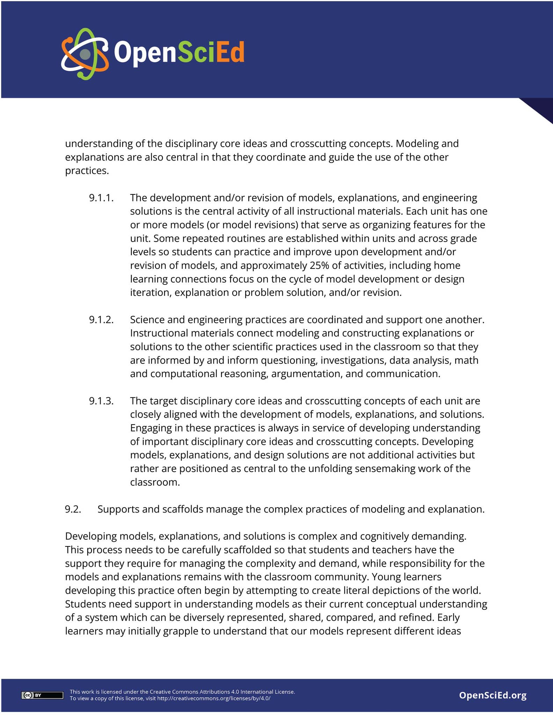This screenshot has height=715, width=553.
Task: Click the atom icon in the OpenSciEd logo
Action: click(85, 54)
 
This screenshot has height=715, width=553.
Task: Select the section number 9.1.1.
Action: click(101, 198)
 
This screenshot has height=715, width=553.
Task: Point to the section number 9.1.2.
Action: click(101, 319)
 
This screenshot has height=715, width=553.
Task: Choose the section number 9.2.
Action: click(73, 509)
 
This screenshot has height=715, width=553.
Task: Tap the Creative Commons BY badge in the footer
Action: click(42, 695)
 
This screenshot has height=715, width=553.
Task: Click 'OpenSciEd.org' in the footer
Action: click(493, 695)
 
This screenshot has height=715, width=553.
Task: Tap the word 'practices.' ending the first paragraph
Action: click(87, 171)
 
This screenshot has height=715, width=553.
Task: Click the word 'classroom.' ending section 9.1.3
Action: click(155, 482)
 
